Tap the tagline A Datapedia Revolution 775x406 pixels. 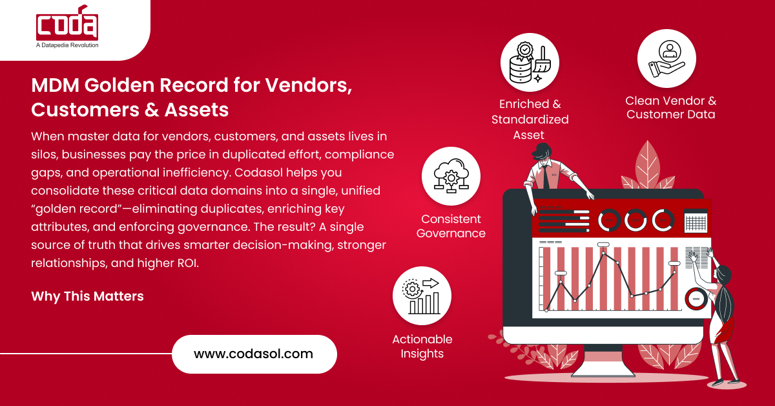pos(67,45)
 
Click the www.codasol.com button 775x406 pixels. pos(254,354)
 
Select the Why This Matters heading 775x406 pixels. pos(87,296)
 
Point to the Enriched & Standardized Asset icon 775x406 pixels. pos(530,63)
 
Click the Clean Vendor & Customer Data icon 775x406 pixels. pos(666,58)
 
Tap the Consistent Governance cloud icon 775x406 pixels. pos(451,176)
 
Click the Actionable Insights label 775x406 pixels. pos(422,347)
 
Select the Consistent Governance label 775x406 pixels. pos(451,226)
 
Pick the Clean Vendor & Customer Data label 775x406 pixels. pos(670,108)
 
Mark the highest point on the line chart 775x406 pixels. pos(604,253)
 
